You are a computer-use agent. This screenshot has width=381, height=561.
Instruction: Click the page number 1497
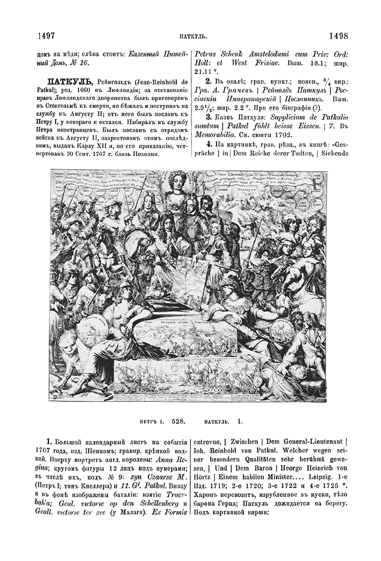[46, 36]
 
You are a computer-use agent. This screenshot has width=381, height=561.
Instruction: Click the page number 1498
[338, 36]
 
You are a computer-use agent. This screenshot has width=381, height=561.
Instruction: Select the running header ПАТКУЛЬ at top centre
[192, 37]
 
